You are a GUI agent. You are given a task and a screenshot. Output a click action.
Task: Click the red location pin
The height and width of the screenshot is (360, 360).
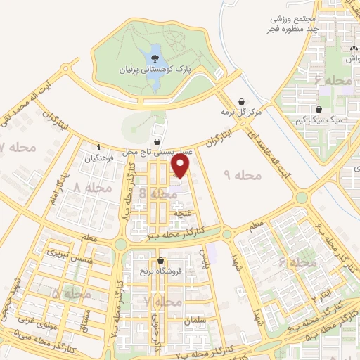[181, 166]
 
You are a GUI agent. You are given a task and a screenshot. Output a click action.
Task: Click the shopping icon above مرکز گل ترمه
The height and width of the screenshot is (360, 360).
[242, 101]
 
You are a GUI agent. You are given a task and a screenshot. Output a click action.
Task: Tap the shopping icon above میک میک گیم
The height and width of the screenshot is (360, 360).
[320, 110]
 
